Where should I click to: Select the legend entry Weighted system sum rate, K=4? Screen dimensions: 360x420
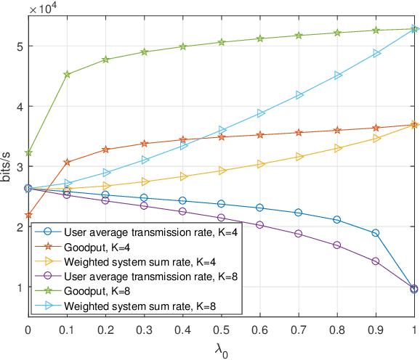[x=128, y=261]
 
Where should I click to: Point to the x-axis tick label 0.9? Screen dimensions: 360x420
[x=376, y=330]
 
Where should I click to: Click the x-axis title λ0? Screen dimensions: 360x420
[x=221, y=348]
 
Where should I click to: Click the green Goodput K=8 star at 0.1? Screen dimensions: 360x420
[x=67, y=74]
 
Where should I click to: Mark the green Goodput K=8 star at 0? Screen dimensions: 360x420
[x=28, y=153]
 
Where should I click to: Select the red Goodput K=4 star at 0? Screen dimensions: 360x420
[x=28, y=216]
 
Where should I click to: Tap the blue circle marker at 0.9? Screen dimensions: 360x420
[x=376, y=233]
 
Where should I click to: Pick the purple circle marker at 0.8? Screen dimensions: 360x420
[x=337, y=245]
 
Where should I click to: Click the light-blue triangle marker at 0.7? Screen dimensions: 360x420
[x=299, y=95]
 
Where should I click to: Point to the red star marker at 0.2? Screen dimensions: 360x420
[x=105, y=150]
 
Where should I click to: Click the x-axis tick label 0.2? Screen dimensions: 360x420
[x=105, y=330]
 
